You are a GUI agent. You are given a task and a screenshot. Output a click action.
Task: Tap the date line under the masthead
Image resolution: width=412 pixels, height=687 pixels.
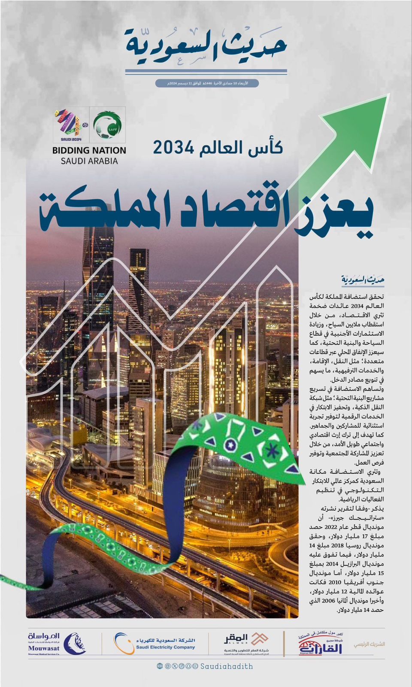point(207,83)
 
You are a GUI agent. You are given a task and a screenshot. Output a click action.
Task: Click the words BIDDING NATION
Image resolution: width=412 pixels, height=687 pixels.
point(89,151)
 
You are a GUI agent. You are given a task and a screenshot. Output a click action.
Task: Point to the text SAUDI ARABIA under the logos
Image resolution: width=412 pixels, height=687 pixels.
point(89,161)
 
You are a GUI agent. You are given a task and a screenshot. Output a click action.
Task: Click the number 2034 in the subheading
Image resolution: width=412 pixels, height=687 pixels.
point(174,148)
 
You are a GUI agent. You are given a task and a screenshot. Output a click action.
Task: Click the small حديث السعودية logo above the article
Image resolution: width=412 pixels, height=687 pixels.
point(363,280)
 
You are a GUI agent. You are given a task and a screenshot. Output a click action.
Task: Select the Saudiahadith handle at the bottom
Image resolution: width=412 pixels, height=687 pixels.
point(227,666)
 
